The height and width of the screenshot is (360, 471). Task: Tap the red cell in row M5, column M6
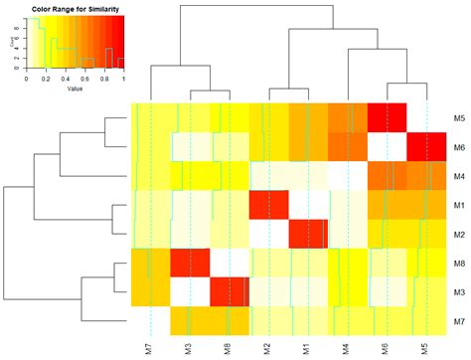tap(387, 118)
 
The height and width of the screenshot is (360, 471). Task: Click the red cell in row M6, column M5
tap(426, 147)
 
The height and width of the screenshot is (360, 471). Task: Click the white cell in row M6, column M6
tap(387, 147)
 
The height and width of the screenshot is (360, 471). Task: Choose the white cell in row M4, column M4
tap(347, 176)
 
